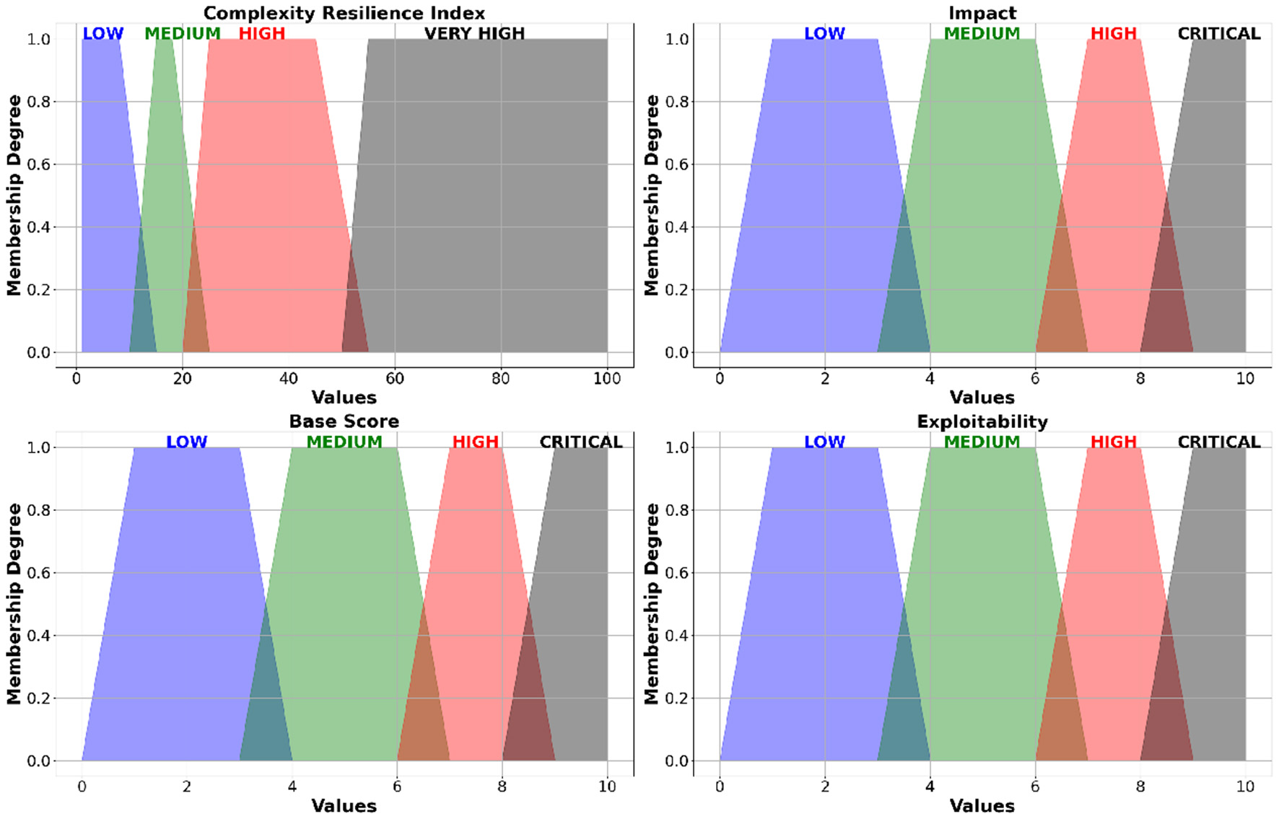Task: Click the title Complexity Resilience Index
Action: tap(344, 13)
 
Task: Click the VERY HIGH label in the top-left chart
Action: tap(474, 34)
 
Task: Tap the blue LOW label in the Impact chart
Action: tap(824, 34)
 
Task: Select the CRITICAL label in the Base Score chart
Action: tap(581, 442)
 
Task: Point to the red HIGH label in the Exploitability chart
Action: tap(1113, 442)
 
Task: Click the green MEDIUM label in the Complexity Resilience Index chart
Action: tap(183, 34)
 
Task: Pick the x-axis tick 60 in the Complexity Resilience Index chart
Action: tap(395, 379)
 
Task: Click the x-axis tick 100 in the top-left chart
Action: tap(606, 379)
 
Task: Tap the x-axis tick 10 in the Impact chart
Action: tap(1245, 379)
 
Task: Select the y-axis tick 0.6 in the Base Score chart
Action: tap(39, 573)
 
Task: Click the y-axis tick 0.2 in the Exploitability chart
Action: tap(676, 698)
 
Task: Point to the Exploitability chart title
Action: tap(982, 421)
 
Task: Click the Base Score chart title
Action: tap(344, 421)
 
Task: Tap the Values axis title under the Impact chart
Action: tap(982, 398)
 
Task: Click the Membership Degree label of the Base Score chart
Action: tap(14, 603)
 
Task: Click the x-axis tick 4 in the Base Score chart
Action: tap(292, 787)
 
